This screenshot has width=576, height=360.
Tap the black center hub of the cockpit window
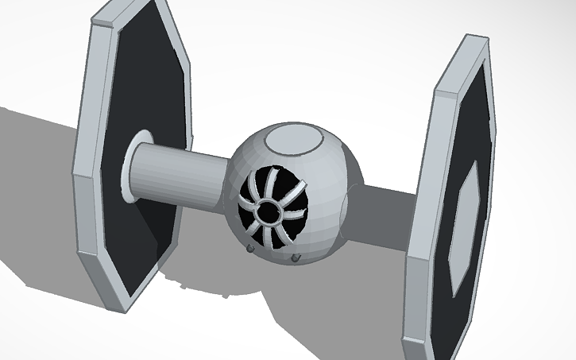(x=269, y=212)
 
